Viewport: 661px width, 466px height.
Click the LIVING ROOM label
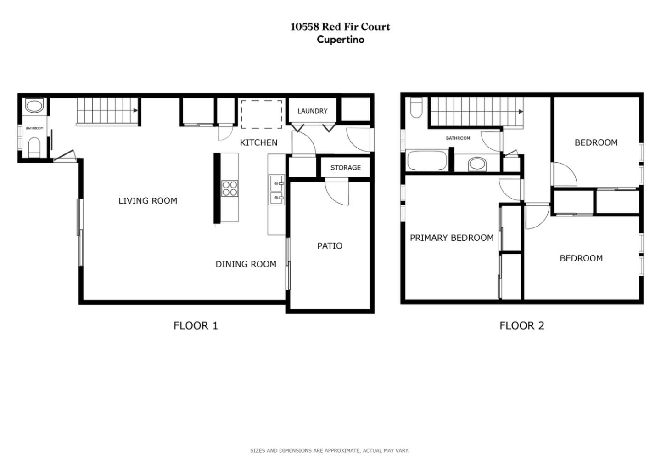148,201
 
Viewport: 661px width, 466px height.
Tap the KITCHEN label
258,143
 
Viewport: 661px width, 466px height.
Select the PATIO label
330,246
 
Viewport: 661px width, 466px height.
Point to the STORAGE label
345,168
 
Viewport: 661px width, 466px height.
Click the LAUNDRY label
312,111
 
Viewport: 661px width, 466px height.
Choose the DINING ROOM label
246,264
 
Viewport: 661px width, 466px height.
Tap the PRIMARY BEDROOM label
452,238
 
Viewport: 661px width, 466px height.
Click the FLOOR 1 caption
196,326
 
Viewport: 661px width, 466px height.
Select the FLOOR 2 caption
521,326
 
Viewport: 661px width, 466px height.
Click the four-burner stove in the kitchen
230,188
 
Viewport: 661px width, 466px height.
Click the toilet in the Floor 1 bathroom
34,148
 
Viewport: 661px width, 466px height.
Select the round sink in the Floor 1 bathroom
34,107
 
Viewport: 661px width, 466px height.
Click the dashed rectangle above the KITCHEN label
262,114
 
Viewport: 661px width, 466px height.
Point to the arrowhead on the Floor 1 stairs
135,111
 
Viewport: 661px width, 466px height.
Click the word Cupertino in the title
341,40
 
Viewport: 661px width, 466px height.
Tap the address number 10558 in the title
304,27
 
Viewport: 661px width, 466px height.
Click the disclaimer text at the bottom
329,451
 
